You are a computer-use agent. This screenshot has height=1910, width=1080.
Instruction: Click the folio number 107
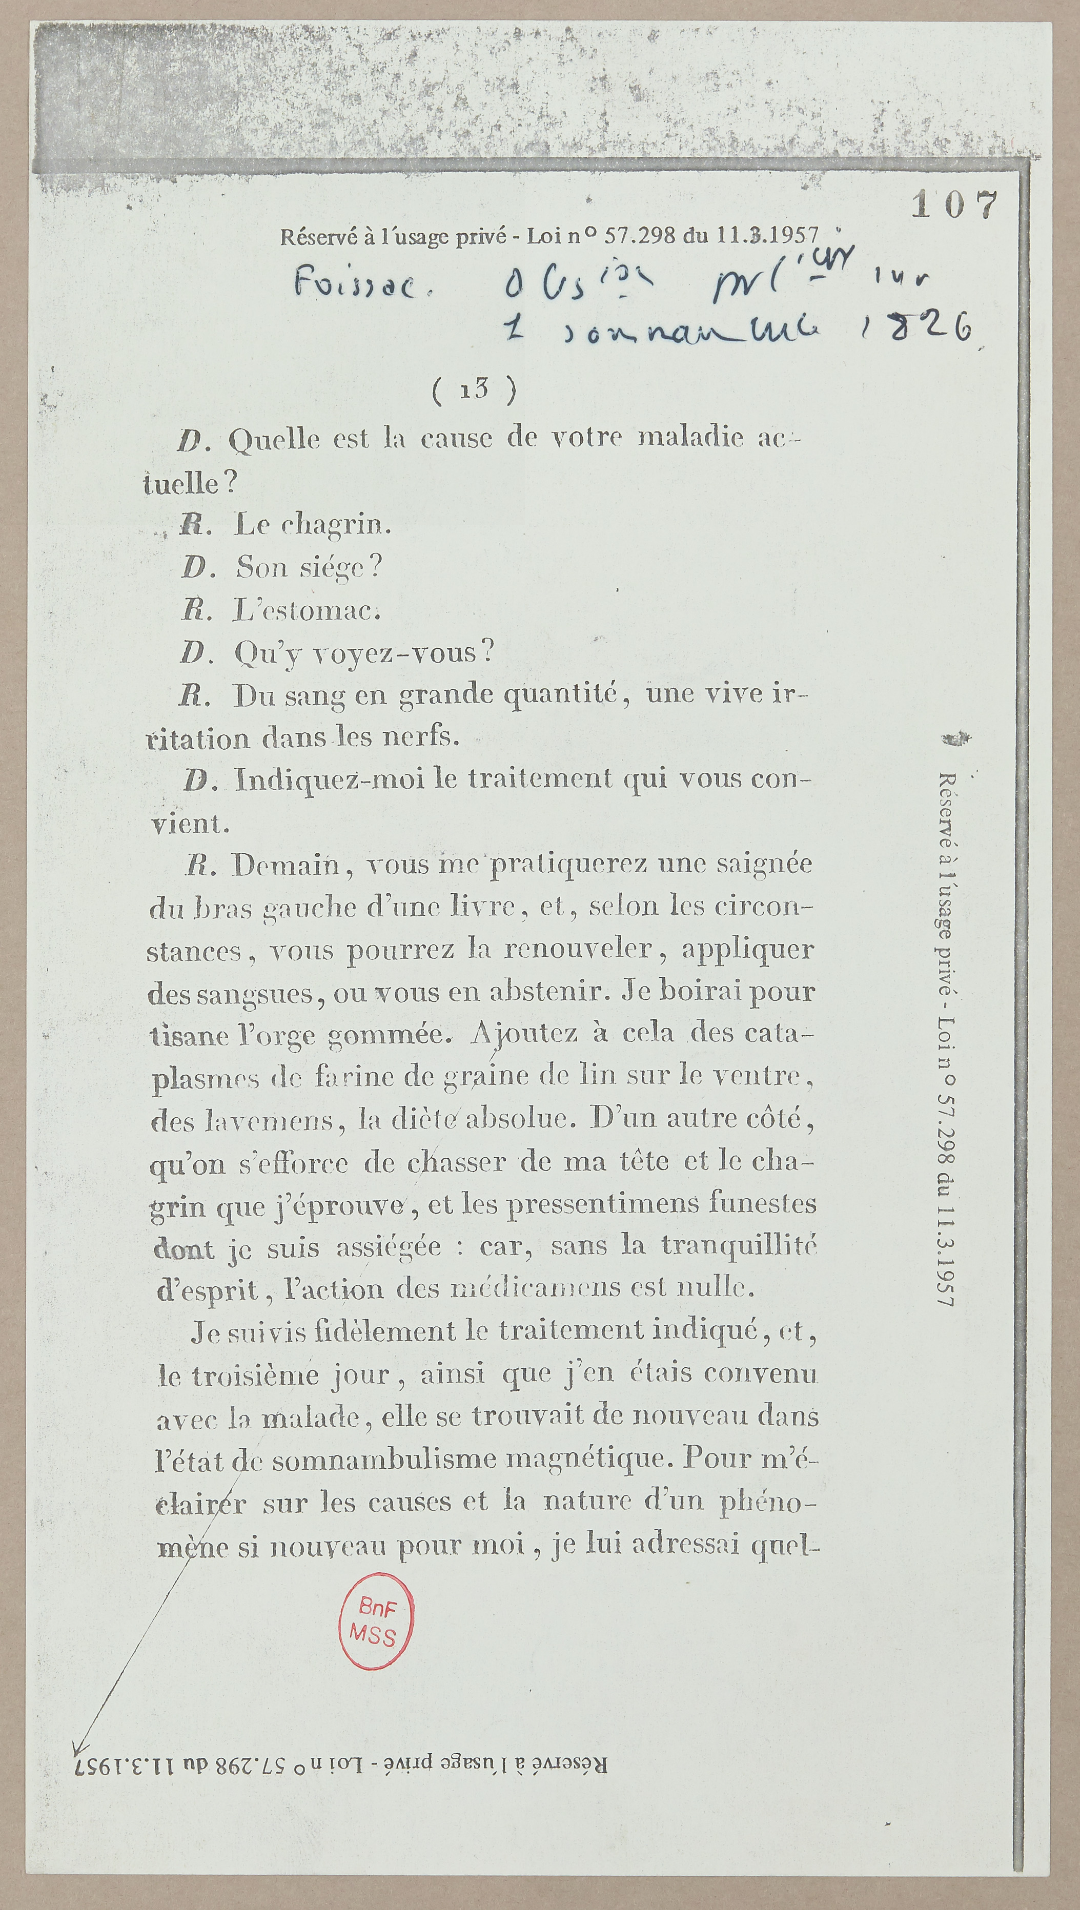pos(954,204)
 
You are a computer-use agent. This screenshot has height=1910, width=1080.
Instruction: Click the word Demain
pos(286,865)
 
